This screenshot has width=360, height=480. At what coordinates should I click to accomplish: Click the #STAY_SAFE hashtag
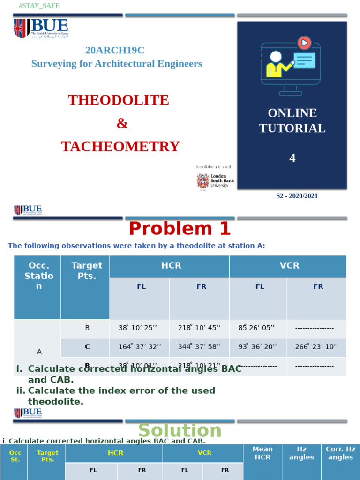pos(39,6)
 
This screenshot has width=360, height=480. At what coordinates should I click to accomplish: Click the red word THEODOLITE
pos(119,100)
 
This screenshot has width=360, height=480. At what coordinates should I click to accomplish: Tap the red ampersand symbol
pos(122,123)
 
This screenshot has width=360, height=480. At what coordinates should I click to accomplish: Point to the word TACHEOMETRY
pos(120,147)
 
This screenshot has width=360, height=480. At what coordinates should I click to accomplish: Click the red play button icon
pos(304,43)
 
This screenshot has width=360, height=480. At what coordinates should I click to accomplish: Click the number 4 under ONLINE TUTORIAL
pos(292,158)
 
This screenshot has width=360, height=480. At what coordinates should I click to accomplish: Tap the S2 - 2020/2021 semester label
pos(297,196)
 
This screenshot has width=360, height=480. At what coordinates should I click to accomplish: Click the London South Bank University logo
pos(215,181)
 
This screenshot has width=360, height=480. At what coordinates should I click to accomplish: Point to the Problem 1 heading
pos(180,229)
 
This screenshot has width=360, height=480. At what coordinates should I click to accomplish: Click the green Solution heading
pos(180,430)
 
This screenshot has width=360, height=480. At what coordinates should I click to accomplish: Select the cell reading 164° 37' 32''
pos(140,347)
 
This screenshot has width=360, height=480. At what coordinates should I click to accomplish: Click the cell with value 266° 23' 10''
pos(316,347)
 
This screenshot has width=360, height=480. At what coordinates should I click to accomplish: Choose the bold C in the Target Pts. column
pos(87,347)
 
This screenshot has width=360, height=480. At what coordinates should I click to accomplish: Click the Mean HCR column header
pos(262,453)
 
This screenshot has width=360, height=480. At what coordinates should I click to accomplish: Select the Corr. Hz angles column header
pos(341,453)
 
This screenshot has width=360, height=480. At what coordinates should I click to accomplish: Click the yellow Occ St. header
pos(15,456)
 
